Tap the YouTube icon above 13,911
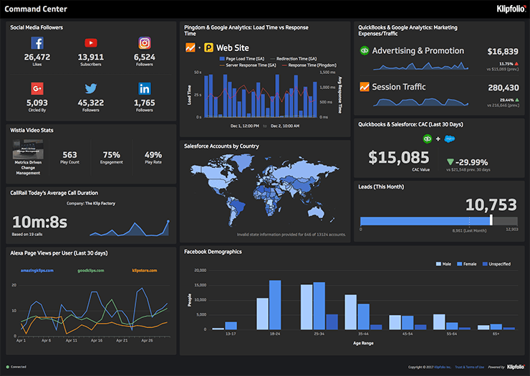pos(91,43)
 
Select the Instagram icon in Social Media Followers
pos(145,43)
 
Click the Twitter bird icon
pos(91,89)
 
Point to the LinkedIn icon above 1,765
pos(145,89)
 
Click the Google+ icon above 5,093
pos(37,89)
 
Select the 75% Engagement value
pos(111,154)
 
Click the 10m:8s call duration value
pos(39,222)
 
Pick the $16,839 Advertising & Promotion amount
pos(502,52)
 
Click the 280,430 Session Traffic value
pos(502,88)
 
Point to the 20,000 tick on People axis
pos(201,271)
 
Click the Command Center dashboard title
pos(35,9)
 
